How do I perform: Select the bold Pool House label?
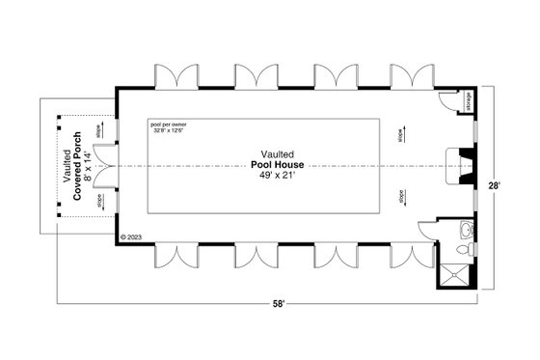coord(277,164)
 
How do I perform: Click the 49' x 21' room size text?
coord(277,175)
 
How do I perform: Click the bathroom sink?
coord(467,230)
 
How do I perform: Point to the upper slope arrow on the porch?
coord(98,130)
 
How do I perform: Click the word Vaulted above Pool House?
coord(277,153)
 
